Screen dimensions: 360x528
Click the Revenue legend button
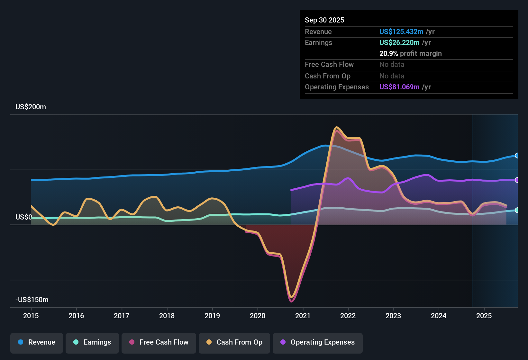pos(37,342)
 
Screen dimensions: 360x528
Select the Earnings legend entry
pos(92,342)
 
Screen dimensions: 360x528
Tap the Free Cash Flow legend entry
pos(159,342)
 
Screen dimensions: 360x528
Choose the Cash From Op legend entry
pos(234,342)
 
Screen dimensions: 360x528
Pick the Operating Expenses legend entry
pos(318,342)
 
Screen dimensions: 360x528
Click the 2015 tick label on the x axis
pos(31,316)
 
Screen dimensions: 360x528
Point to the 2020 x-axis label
pos(258,316)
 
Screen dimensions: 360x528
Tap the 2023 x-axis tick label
pos(393,316)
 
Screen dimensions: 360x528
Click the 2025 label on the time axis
pos(484,316)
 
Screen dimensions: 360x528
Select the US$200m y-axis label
pos(31,107)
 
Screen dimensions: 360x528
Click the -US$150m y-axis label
pos(32,300)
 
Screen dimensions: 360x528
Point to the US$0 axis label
pos(23,217)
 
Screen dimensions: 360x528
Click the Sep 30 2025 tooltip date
pos(324,20)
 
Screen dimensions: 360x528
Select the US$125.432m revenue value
pos(401,32)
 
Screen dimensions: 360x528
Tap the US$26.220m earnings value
pos(399,42)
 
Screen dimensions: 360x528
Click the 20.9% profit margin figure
pos(388,54)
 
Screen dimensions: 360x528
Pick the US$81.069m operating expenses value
pos(399,87)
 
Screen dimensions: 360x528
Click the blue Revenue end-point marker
pos(517,156)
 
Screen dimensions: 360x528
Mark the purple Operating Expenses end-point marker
pos(517,180)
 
